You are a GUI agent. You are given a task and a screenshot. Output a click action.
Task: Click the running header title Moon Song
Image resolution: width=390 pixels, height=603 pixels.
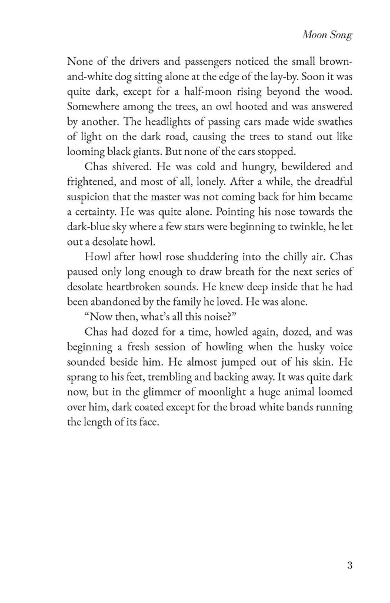(x=327, y=35)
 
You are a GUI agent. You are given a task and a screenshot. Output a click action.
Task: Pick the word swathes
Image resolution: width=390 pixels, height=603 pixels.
(x=331, y=124)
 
